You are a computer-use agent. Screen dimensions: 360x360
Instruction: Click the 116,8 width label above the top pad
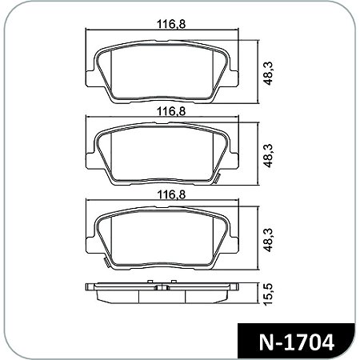coord(166,25)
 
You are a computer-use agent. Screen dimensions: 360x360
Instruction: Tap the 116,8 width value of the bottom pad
coord(166,194)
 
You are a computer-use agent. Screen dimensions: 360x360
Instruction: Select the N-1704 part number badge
coord(297,339)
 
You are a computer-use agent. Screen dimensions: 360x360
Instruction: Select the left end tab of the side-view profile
coord(90,285)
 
